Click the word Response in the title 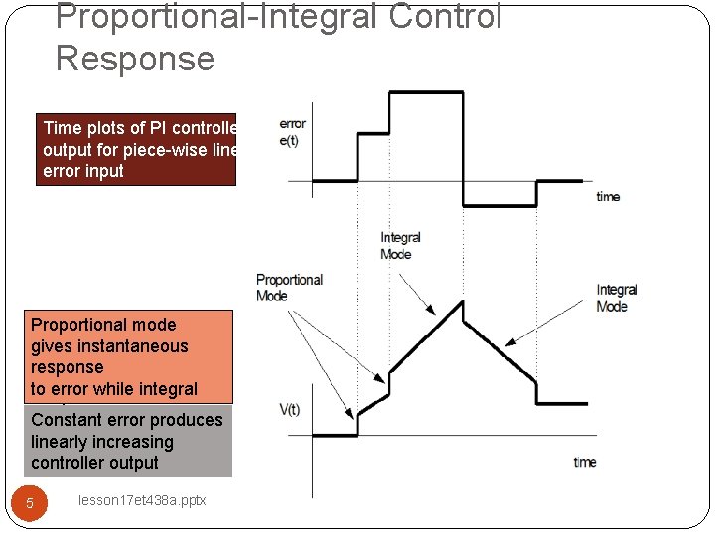pos(135,59)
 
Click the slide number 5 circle pos(30,503)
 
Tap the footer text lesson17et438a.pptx pos(142,501)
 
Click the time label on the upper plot pos(608,197)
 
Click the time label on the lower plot pos(585,462)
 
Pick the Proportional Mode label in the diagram pos(289,287)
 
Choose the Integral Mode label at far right pos(617,298)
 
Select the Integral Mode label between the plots pos(400,245)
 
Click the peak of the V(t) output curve pos(462,300)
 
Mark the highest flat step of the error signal pos(426,92)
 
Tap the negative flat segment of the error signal pos(500,206)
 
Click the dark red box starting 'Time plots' pos(136,149)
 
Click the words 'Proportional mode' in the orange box pos(103,325)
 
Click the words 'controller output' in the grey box pos(94,463)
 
